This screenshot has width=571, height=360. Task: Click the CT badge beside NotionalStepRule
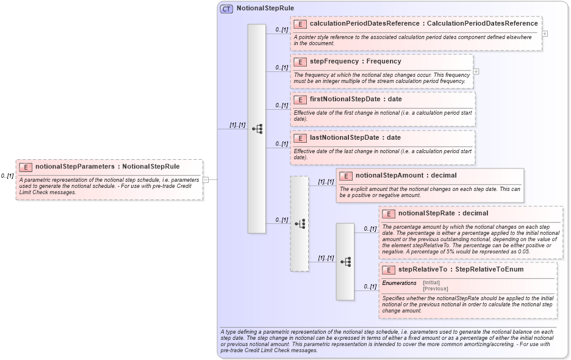226,9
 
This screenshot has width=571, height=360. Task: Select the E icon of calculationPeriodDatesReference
300,24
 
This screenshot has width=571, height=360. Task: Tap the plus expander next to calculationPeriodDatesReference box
545,34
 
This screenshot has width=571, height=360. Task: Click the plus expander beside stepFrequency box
476,71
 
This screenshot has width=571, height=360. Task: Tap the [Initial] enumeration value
431,283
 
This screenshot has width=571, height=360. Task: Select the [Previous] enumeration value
435,289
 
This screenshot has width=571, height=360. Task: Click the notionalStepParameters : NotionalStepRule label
107,167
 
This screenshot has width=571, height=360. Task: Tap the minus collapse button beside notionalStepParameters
206,180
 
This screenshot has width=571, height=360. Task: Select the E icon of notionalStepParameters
26,167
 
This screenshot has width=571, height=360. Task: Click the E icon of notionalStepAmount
346,176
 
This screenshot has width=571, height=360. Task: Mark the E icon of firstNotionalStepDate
300,99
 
